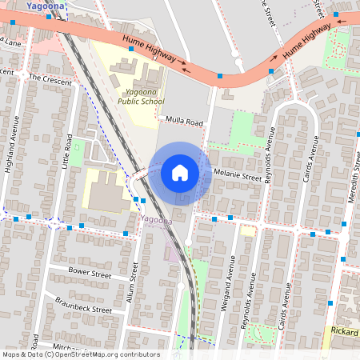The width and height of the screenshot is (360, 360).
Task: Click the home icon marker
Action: pos(180,173)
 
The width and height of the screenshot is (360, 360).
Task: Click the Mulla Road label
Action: pos(185,122)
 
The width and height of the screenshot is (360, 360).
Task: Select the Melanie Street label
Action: pos(238,176)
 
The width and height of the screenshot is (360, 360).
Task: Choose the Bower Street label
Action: pos(89,273)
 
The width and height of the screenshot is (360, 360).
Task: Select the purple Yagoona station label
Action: pos(154,219)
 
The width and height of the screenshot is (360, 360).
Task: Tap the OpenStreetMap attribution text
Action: pos(80,354)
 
